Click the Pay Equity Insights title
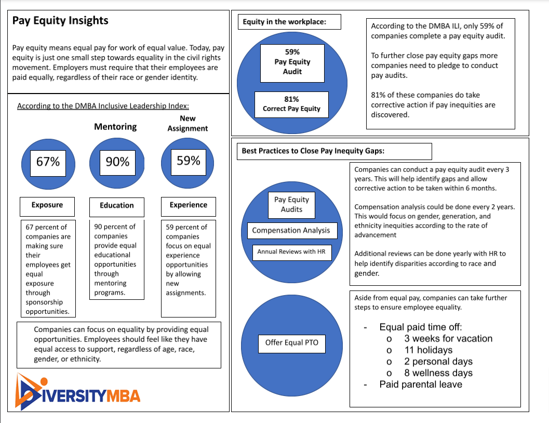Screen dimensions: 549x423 pyautogui.click(x=60, y=21)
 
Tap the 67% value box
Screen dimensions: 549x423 pyautogui.click(x=48, y=163)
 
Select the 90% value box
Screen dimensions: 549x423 pyautogui.click(x=117, y=163)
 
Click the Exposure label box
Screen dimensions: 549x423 pyautogui.click(x=47, y=207)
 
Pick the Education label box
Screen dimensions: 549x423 pyautogui.click(x=117, y=207)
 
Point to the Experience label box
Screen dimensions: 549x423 pyautogui.click(x=189, y=207)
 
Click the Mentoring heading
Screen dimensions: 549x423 pyautogui.click(x=115, y=127)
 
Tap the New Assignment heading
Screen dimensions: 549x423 pyautogui.click(x=188, y=124)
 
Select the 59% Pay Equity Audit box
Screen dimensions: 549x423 pyautogui.click(x=292, y=63)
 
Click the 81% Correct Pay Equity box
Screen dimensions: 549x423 pyautogui.click(x=292, y=104)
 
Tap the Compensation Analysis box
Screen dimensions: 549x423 pyautogui.click(x=292, y=231)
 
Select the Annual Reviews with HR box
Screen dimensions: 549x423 pyautogui.click(x=292, y=253)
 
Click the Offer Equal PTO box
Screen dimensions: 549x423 pyautogui.click(x=292, y=344)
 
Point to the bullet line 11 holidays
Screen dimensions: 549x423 pyautogui.click(x=428, y=350)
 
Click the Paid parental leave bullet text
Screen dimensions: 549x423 pyautogui.click(x=421, y=385)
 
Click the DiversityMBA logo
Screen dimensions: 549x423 pyautogui.click(x=78, y=392)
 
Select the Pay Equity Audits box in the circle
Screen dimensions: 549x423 pyautogui.click(x=292, y=205)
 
